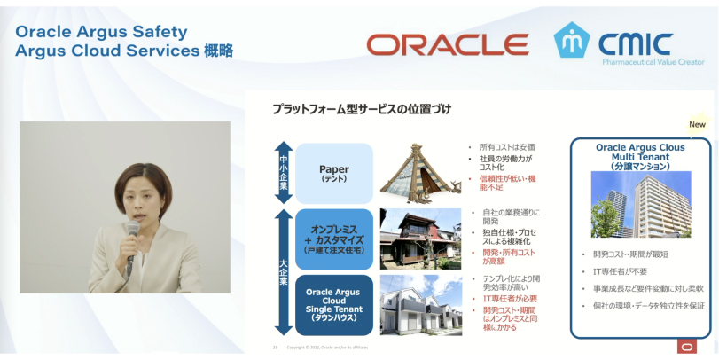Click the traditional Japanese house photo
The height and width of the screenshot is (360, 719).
click(x=419, y=237)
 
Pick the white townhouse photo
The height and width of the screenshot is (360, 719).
click(x=419, y=304)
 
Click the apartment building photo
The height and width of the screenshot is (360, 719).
click(x=640, y=207)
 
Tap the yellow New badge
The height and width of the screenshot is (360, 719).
click(x=697, y=124)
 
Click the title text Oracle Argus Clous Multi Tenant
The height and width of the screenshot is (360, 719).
click(x=640, y=151)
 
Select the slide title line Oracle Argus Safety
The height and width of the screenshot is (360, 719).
click(x=102, y=31)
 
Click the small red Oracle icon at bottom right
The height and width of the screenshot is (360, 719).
click(x=686, y=347)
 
